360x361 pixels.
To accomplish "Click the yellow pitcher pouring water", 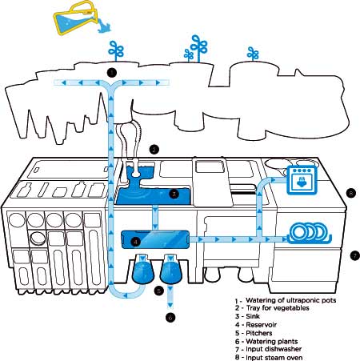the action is pyautogui.click(x=74, y=18).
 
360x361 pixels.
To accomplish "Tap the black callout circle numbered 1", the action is pyautogui.click(x=112, y=72).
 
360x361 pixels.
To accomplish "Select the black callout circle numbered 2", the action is pyautogui.click(x=154, y=150).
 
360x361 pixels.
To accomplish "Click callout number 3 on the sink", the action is pyautogui.click(x=174, y=194).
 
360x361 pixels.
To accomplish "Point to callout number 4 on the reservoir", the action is pyautogui.click(x=136, y=242).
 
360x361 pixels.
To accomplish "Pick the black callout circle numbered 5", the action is pyautogui.click(x=159, y=291).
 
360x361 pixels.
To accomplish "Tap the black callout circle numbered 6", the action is pyautogui.click(x=170, y=318).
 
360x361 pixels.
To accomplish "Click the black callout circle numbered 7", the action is pyautogui.click(x=355, y=256).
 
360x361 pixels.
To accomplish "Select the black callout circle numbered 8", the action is pyautogui.click(x=351, y=193).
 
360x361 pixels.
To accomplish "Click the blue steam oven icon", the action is pyautogui.click(x=302, y=179).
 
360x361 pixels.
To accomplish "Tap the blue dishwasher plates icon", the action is pyautogui.click(x=310, y=233).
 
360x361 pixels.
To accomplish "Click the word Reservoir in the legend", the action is pyautogui.click(x=261, y=325).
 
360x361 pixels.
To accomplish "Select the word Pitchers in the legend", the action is pyautogui.click(x=259, y=333).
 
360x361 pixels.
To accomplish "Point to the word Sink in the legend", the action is pyautogui.click(x=253, y=316).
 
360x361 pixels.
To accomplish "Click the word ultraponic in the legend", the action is pyautogui.click(x=302, y=300).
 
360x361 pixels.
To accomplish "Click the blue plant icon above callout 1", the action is pyautogui.click(x=116, y=51).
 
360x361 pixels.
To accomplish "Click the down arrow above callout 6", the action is pyautogui.click(x=170, y=305).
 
